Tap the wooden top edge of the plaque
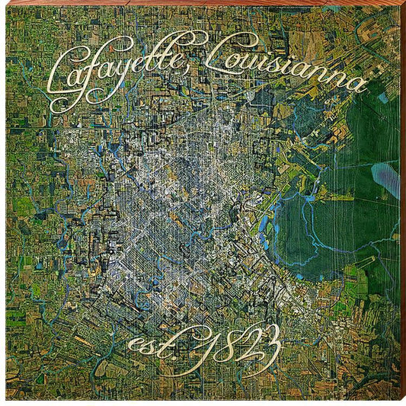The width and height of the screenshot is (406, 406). pos(203,2)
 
